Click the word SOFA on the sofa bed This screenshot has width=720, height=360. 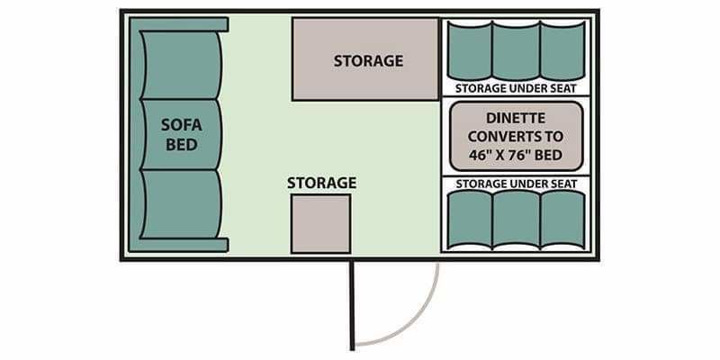182,125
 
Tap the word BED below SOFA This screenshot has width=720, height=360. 182,145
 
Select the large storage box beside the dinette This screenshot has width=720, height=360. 366,59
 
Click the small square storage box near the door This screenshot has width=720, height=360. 321,223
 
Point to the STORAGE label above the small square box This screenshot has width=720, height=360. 322,183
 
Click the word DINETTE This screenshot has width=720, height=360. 516,118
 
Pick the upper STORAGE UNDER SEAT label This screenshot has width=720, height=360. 516,88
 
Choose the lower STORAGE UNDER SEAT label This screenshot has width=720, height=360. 516,184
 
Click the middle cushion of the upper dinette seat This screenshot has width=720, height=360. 516,50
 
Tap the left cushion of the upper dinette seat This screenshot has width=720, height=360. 469,50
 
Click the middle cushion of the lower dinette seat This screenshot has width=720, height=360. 516,220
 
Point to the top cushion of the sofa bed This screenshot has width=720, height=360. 182,65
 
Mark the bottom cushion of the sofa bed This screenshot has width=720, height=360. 182,204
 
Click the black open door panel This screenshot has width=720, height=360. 352,306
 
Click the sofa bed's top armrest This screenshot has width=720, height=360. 179,24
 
